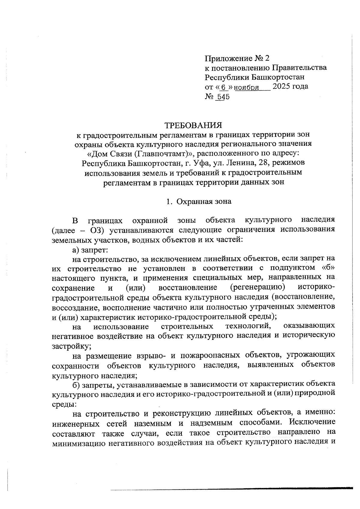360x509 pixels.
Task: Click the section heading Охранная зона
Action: pos(204,202)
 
